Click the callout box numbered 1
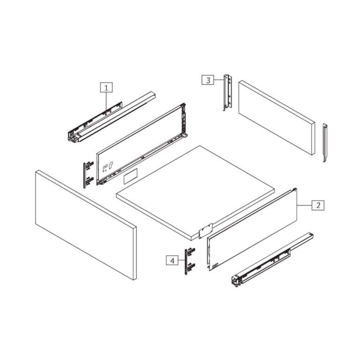(106, 87)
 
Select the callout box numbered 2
(318, 205)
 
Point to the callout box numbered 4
(172, 260)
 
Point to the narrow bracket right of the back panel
(325, 143)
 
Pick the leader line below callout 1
(107, 101)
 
